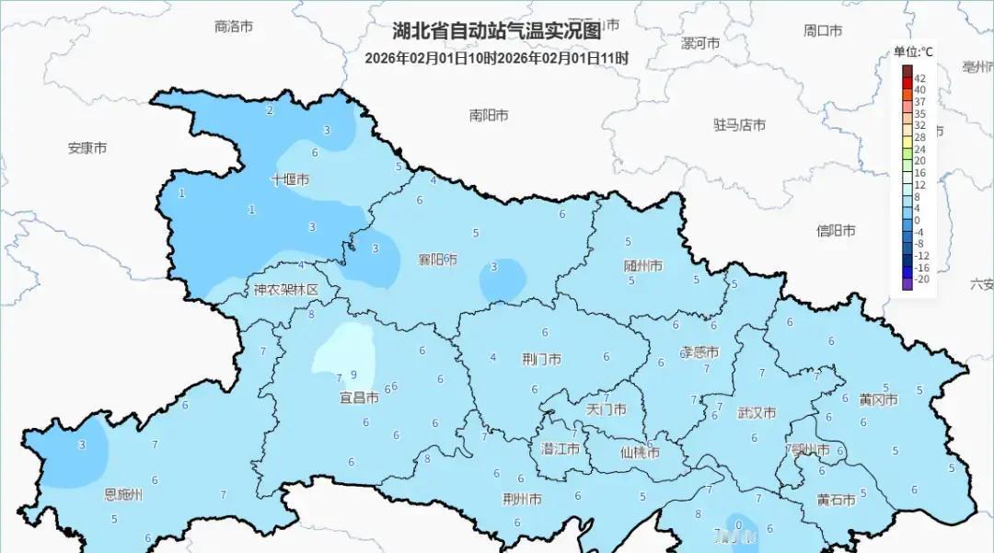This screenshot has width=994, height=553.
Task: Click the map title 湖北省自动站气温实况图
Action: [x=497, y=31]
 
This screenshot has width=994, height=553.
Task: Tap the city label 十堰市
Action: [x=290, y=180]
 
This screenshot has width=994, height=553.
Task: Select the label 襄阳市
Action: [x=437, y=259]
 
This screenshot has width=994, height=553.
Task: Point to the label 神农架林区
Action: [x=286, y=290]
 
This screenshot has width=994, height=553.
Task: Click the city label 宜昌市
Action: [x=359, y=398]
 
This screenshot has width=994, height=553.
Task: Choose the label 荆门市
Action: [x=541, y=359]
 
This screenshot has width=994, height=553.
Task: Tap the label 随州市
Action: [x=643, y=266]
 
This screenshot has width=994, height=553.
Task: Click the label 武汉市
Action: [x=757, y=413]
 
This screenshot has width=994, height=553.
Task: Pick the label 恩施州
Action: [x=123, y=494]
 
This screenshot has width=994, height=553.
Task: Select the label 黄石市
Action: [x=836, y=500]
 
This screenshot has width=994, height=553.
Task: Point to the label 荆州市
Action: [x=522, y=500]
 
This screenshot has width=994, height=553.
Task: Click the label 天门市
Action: [x=607, y=409]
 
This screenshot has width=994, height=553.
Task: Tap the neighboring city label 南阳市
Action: [x=489, y=116]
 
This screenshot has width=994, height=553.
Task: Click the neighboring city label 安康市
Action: [x=87, y=148]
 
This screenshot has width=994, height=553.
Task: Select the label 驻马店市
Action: [x=739, y=125]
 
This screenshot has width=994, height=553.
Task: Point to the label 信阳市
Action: [x=836, y=231]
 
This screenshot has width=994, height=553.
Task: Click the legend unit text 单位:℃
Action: [x=913, y=52]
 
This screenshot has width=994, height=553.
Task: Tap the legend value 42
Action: [x=919, y=79]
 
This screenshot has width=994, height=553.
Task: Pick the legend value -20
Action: [x=921, y=278]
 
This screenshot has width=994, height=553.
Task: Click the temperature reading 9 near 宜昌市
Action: [x=353, y=374]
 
